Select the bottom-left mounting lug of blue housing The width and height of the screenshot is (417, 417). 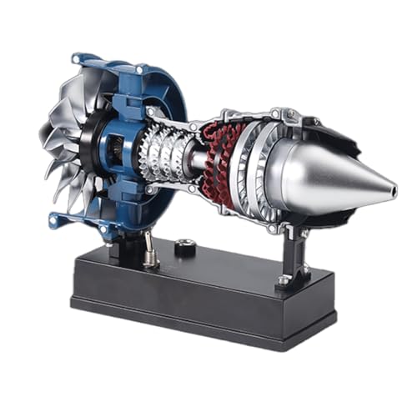(58, 222)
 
